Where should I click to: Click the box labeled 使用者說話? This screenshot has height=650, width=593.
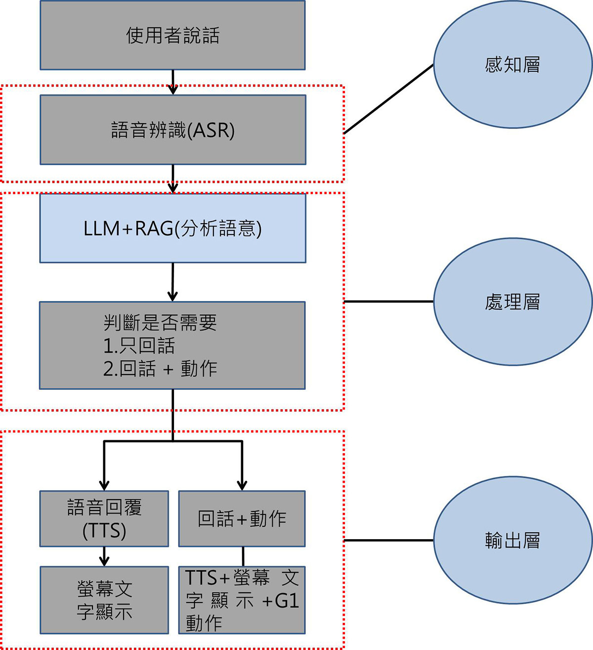172,35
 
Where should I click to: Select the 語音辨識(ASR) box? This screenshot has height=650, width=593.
172,130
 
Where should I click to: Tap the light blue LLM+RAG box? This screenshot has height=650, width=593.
172,228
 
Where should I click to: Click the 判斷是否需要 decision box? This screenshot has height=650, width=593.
172,345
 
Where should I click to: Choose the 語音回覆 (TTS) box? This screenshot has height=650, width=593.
104,518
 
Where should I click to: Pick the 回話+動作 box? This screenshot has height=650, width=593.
242,518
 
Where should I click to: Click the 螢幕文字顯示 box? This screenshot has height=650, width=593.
104,600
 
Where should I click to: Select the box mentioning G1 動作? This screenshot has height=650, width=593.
242,600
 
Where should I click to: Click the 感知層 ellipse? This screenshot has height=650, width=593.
512,65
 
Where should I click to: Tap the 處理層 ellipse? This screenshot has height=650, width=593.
512,301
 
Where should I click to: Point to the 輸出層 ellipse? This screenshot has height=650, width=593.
512,540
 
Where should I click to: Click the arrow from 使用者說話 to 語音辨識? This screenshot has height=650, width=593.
172,82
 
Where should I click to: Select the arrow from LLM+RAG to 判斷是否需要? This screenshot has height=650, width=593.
172,282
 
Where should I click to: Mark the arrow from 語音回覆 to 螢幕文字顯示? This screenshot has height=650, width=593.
104,557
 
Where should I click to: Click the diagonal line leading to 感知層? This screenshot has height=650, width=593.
388,99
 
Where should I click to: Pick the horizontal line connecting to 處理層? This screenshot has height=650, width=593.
388,301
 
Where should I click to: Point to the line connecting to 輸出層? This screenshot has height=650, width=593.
388,540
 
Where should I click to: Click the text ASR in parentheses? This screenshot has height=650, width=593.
211,130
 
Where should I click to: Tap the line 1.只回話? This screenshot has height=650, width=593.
139,345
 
